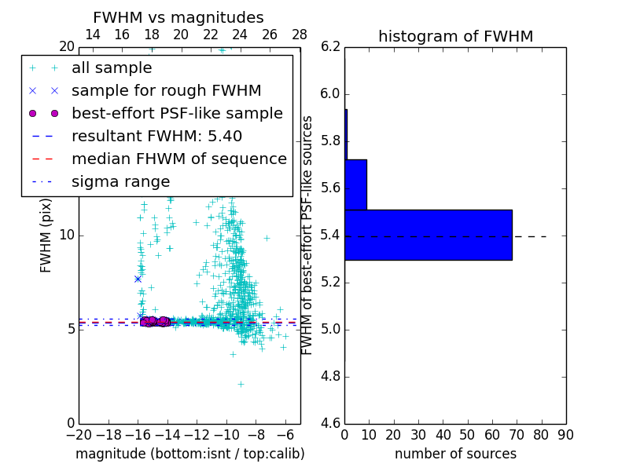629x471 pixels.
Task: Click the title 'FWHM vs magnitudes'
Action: tap(178, 17)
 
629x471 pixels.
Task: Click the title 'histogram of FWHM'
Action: tap(455, 36)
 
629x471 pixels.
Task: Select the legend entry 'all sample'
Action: tap(112, 68)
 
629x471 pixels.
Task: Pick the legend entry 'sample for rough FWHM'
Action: tap(166, 90)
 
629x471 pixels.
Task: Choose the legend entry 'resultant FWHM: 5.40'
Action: tap(156, 136)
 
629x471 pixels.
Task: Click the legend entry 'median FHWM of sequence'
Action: tap(178, 159)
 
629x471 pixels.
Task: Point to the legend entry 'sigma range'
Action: tap(120, 181)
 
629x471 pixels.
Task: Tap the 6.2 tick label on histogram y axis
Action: tap(331, 47)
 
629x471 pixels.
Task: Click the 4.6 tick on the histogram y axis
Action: tap(331, 424)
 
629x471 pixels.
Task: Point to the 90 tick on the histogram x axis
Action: tap(565, 434)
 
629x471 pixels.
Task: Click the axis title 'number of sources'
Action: tap(455, 454)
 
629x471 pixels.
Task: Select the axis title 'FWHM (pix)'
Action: tap(46, 235)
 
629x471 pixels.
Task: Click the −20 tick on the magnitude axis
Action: tap(79, 434)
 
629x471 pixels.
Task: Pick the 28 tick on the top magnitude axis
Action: tap(300, 35)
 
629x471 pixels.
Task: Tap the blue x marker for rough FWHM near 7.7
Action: tap(138, 279)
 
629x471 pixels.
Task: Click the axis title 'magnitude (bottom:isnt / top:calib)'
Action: tap(189, 454)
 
